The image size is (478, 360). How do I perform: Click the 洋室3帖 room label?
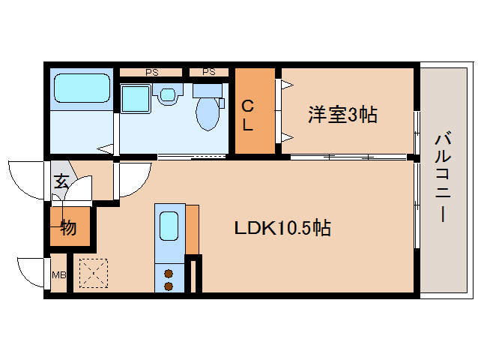coord(342,115)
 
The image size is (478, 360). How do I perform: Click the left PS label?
coord(152,72)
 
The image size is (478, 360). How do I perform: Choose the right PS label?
coord(209,72)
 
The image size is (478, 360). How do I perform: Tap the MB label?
coord(58,274)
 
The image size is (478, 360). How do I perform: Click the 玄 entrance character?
coord(61,181)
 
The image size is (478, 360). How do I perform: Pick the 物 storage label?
coord(68,228)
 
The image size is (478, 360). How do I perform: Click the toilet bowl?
coord(208,112)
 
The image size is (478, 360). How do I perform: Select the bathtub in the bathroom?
coord(81,88)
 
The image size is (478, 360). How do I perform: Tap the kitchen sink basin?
coord(169,224)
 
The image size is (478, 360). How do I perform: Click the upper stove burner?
coord(169,273)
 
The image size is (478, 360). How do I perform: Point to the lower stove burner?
coord(169,286)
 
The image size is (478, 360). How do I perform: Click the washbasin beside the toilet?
coord(168,94)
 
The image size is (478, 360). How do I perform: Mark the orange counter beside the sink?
coord(193,228)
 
